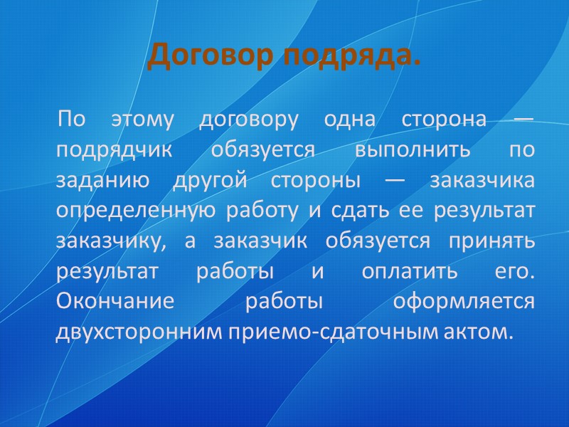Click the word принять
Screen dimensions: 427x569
pos(491,241)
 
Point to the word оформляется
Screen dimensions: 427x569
pos(464,301)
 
